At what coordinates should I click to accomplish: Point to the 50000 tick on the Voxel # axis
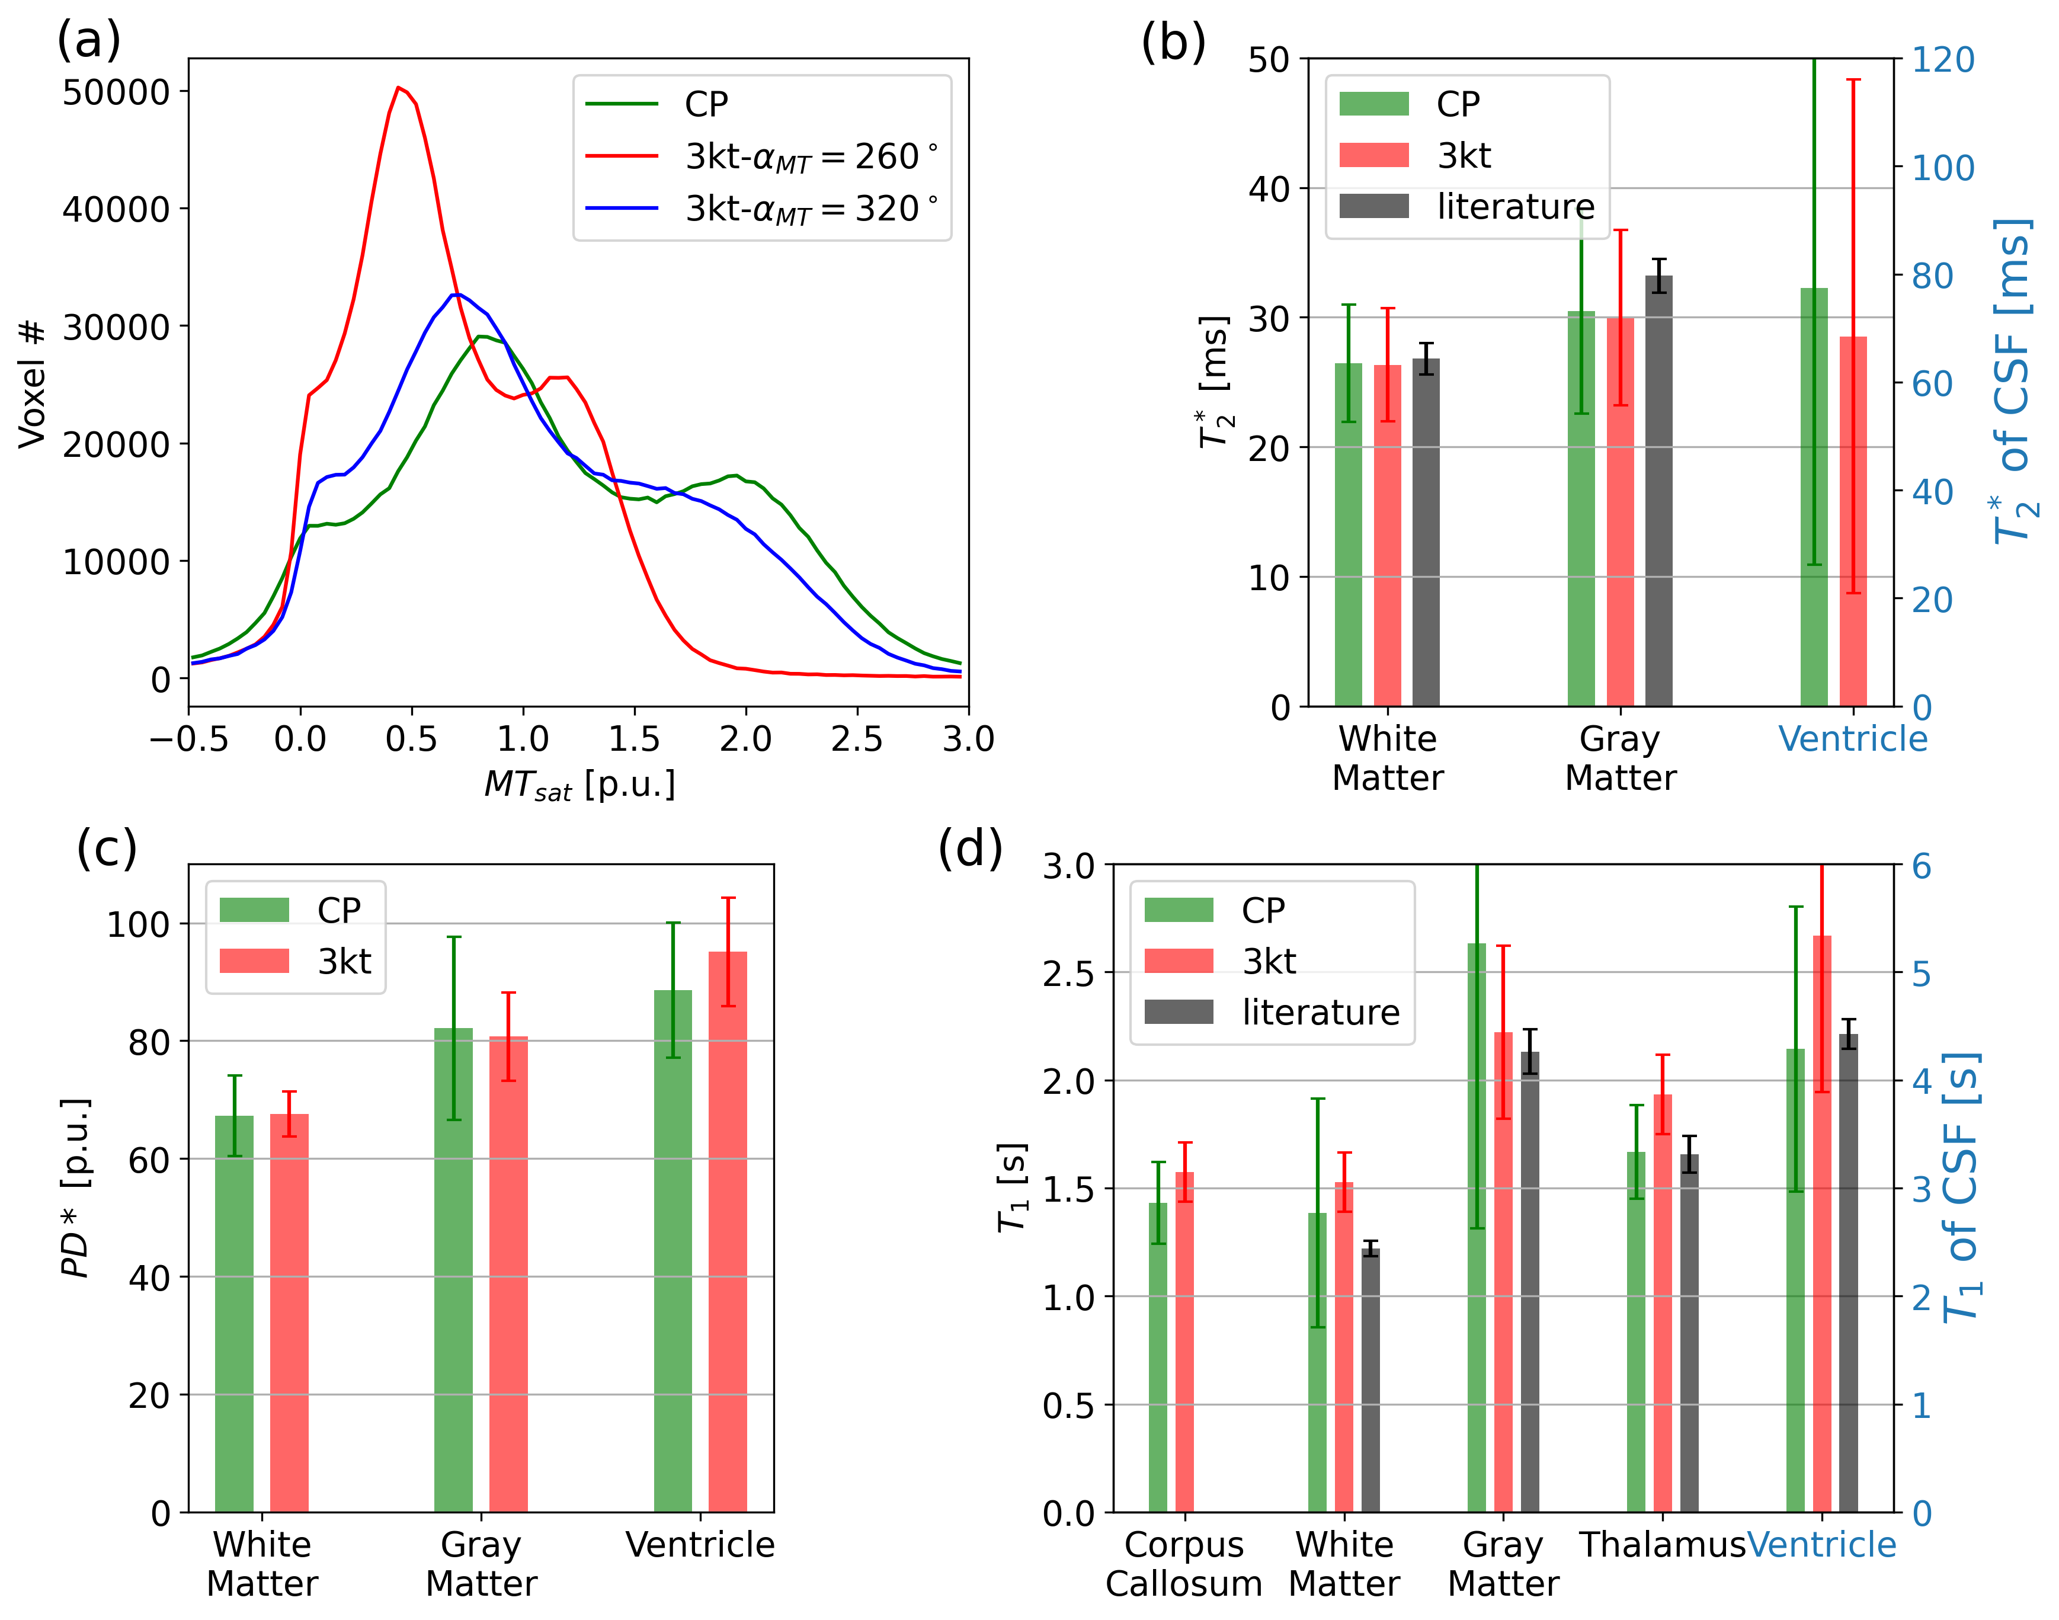point(116,92)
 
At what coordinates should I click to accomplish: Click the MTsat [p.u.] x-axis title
point(579,785)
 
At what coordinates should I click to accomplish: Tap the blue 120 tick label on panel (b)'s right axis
point(1942,60)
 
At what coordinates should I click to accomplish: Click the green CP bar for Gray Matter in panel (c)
point(453,1271)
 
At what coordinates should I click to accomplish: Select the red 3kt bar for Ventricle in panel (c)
point(728,1233)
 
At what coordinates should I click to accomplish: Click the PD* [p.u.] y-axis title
point(76,1187)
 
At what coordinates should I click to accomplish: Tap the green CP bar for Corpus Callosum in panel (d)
point(1158,1356)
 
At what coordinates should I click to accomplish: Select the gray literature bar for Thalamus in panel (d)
point(1689,1333)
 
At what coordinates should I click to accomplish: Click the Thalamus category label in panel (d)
point(1661,1545)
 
